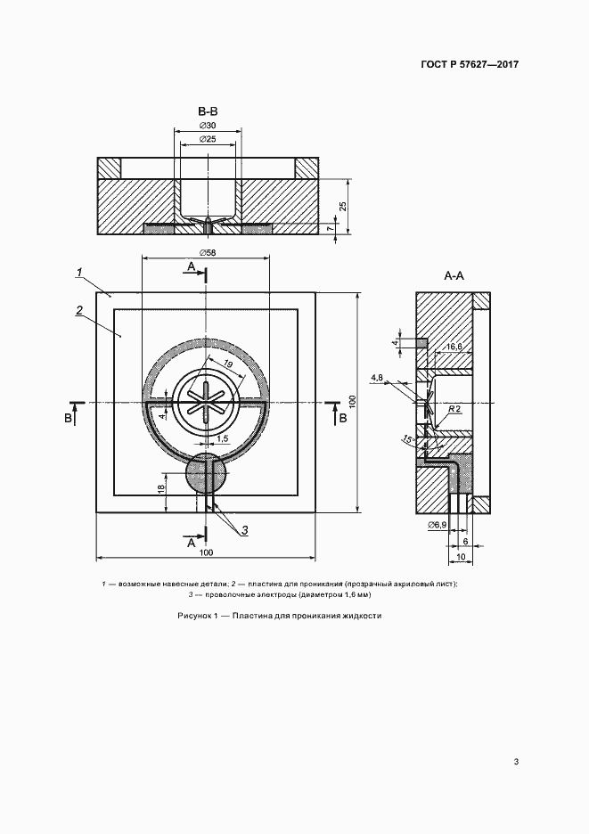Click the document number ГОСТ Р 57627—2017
[470, 65]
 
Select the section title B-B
[208, 111]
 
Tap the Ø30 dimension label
[208, 126]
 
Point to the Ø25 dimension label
[208, 139]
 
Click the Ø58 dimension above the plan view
[208, 252]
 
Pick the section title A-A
[454, 275]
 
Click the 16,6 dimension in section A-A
[454, 347]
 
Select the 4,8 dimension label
[377, 377]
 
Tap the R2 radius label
[454, 408]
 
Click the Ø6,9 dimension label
[436, 526]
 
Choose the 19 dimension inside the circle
[228, 364]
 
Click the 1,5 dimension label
[223, 437]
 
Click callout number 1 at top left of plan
[78, 273]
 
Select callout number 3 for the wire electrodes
[244, 530]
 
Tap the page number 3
[516, 762]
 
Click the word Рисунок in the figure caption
[194, 616]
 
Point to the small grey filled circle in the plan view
[206, 474]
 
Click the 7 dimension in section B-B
[331, 227]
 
